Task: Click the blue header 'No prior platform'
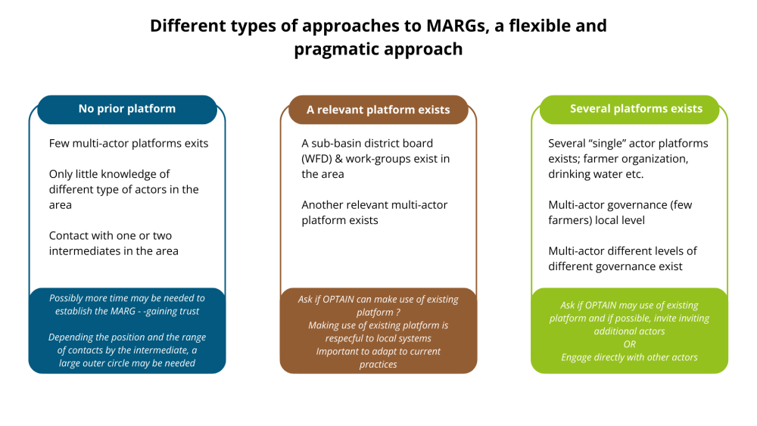[127, 109]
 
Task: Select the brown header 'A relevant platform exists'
[378, 110]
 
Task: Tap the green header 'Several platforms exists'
[636, 109]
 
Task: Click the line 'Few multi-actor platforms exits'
[129, 143]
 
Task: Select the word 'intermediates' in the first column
[86, 250]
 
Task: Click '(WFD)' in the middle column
[319, 159]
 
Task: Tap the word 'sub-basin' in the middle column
[338, 143]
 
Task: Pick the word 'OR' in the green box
[629, 344]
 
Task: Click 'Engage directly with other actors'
[629, 357]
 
